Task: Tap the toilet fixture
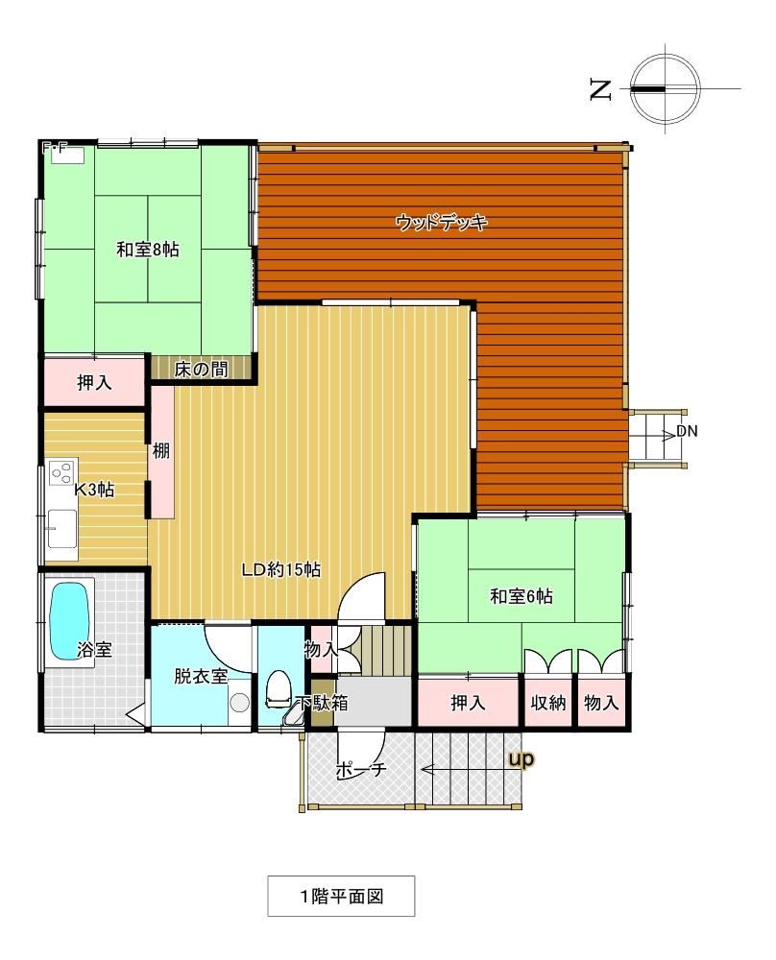tap(278, 689)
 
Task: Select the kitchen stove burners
tap(61, 472)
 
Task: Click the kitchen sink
tap(62, 528)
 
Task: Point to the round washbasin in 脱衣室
tap(240, 702)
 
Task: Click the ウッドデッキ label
tap(441, 222)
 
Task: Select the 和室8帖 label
tap(148, 250)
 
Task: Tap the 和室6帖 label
tap(521, 596)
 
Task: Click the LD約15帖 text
tap(281, 570)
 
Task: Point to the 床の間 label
tap(201, 370)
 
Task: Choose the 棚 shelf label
tap(161, 451)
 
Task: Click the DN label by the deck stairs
tap(687, 431)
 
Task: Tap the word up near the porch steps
tap(521, 759)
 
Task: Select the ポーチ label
tap(361, 770)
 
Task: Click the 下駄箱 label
tap(322, 703)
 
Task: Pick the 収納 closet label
tap(548, 703)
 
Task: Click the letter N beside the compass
tap(600, 89)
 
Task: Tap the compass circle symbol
tap(666, 88)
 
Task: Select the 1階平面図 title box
tap(341, 897)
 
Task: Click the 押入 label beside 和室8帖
tap(94, 383)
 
